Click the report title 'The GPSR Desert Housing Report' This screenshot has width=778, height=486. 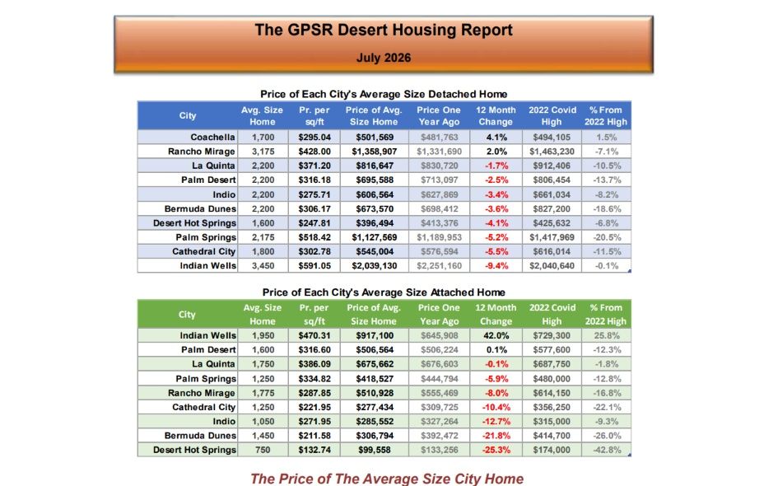[384, 30]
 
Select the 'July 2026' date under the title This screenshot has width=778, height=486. [384, 58]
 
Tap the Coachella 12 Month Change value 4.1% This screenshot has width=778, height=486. [496, 137]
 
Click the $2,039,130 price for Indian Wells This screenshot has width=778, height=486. [375, 265]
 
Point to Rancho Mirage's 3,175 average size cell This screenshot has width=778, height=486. [263, 152]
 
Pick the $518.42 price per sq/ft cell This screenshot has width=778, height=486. [314, 237]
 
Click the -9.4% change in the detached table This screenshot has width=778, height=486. [496, 265]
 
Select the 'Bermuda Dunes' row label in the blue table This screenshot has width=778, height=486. [200, 208]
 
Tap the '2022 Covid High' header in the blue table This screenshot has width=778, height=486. [552, 115]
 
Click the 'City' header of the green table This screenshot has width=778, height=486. [187, 314]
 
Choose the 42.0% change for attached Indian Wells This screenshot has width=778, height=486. [496, 335]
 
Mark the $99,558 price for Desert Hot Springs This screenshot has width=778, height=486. [375, 450]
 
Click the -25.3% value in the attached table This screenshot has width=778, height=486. [496, 450]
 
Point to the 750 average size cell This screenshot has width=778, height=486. [263, 450]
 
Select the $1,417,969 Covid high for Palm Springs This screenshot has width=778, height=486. [552, 237]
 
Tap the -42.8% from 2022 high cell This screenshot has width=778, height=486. [607, 450]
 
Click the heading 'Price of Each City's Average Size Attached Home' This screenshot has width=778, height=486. [384, 292]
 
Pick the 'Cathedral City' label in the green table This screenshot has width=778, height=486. [204, 407]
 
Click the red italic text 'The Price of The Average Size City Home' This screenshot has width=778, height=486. [387, 479]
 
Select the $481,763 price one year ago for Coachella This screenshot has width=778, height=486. [440, 137]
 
